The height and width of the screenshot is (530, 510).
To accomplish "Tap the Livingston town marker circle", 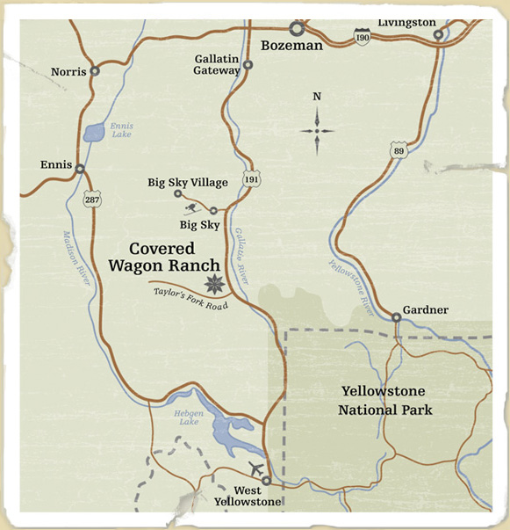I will [438, 35].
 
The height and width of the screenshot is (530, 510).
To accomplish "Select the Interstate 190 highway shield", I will [362, 34].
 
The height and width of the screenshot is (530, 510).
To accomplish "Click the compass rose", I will [317, 130].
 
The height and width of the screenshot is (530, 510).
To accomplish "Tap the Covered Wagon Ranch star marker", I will [213, 284].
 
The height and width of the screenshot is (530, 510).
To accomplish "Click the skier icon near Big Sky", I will [193, 208].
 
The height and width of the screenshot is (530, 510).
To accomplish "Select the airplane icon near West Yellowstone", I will [255, 468].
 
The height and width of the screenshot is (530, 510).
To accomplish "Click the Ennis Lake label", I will [120, 130].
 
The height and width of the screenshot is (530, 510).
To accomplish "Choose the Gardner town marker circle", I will [397, 318].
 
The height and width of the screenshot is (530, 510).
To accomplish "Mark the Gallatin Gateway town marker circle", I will [248, 64].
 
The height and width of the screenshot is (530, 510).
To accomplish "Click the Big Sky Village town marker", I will [177, 193].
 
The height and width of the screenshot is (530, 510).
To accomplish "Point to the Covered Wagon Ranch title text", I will [175, 258].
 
